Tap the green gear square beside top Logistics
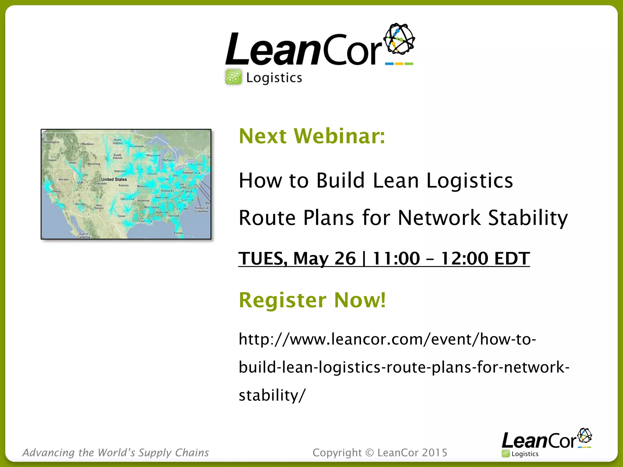tap(234, 77)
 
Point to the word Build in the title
tap(340, 180)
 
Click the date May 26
tap(324, 258)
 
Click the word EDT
tap(512, 258)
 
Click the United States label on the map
tap(114, 179)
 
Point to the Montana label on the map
tap(87, 144)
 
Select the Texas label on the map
tap(121, 216)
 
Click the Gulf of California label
tap(83, 235)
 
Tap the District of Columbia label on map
tap(201, 210)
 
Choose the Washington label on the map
tap(51, 142)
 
